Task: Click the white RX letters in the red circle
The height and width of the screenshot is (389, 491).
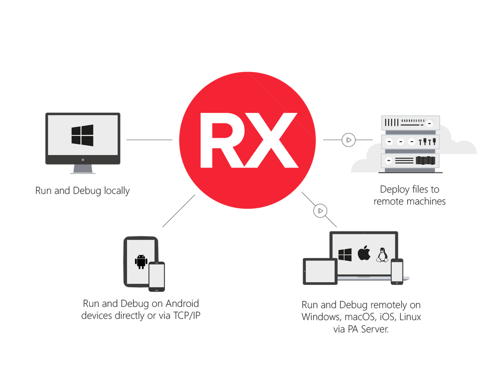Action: [249, 140]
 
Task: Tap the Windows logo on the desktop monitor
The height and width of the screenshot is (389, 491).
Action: [82, 135]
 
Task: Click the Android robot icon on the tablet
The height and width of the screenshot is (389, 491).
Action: [141, 261]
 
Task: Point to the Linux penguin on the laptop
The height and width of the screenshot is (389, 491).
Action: [382, 255]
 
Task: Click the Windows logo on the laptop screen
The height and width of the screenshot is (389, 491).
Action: [345, 255]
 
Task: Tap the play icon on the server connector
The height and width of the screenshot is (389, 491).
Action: [349, 140]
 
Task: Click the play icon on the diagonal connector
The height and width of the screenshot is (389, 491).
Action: [320, 211]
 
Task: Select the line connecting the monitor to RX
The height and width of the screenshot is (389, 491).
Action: [150, 140]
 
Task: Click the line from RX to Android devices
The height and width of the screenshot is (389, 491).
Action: [179, 211]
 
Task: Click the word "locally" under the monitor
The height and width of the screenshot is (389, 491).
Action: [117, 191]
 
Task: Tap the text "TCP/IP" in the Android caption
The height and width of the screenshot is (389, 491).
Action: [187, 315]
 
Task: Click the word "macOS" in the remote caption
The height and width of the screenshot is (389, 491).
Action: [360, 317]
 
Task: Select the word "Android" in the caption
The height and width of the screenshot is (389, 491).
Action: [182, 304]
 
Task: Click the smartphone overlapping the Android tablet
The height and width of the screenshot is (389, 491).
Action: [157, 277]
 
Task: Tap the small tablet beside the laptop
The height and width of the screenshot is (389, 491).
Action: [320, 271]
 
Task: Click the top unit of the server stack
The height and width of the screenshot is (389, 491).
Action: [410, 122]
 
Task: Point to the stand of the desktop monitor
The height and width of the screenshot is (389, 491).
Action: [82, 169]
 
